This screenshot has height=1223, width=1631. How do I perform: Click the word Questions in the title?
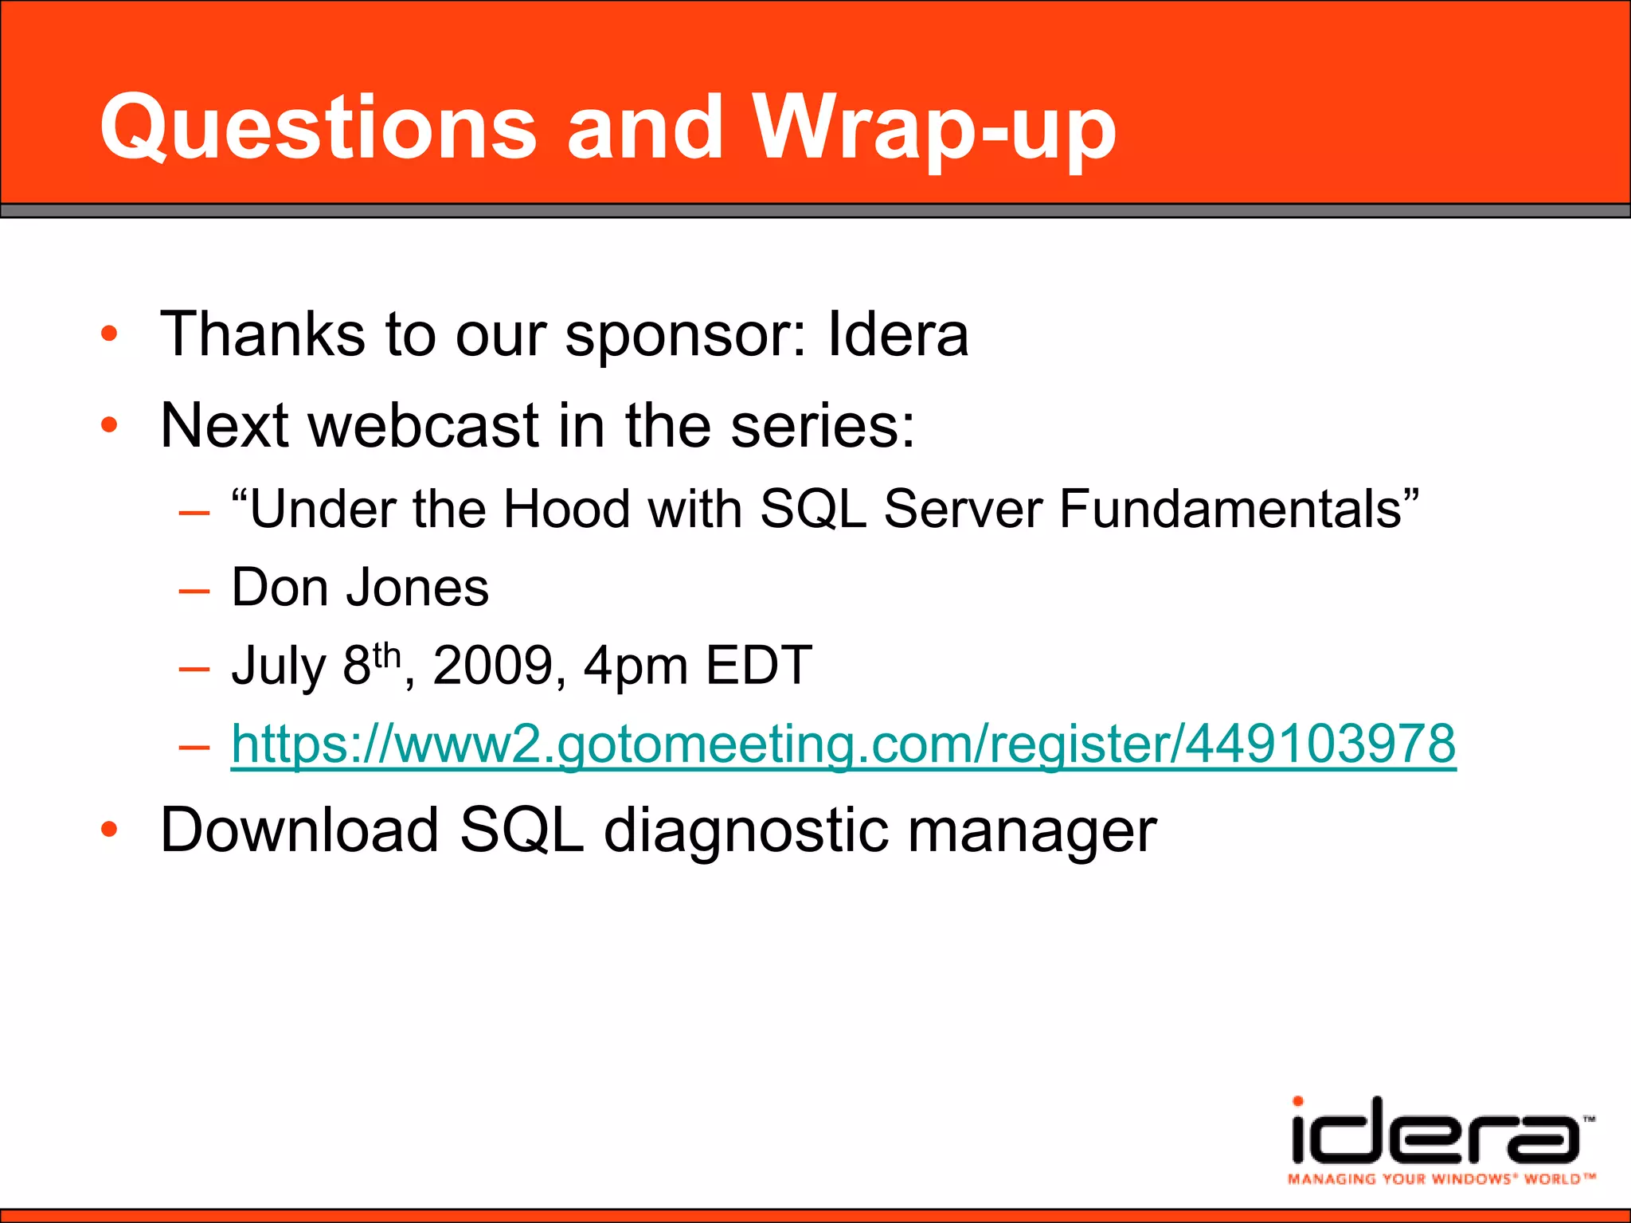[319, 127]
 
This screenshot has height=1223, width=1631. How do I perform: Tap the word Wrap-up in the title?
[936, 127]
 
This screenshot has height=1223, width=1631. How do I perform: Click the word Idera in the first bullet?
[898, 334]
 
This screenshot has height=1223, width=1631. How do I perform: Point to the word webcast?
[424, 426]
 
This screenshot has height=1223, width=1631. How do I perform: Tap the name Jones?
[417, 588]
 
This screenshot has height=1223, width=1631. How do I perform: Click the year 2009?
[492, 666]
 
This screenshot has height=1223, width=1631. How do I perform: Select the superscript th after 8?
[386, 656]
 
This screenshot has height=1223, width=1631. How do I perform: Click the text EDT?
[758, 666]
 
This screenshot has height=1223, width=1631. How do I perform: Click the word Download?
[299, 830]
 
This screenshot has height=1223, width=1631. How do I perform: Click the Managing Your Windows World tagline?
[1440, 1179]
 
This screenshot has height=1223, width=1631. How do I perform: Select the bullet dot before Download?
[109, 830]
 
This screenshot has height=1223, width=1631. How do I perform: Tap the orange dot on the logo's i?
[1298, 1101]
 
